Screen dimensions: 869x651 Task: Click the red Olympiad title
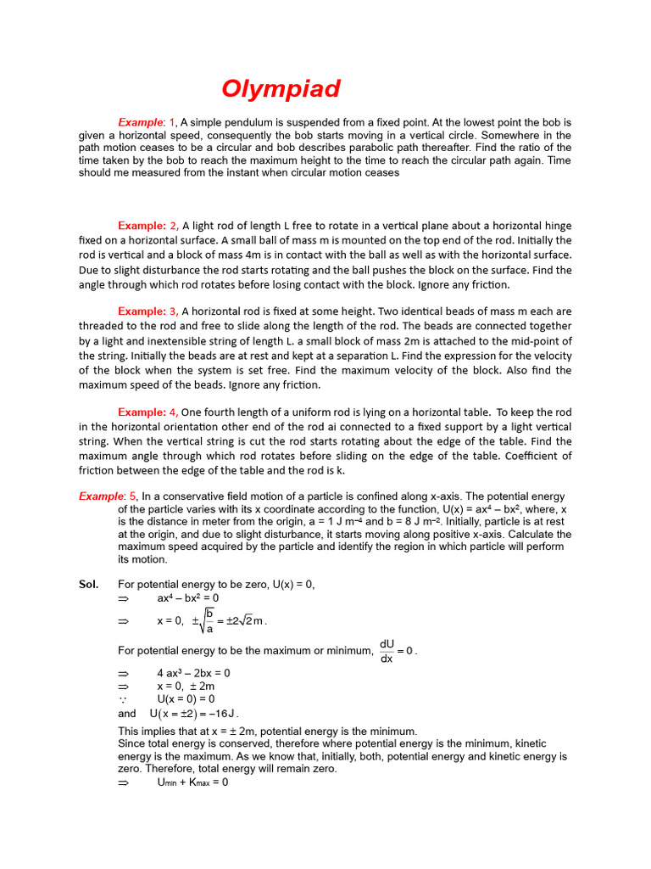[281, 89]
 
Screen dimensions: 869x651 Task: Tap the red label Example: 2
[147, 226]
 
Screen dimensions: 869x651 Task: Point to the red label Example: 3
[147, 312]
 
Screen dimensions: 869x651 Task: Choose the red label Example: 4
[147, 412]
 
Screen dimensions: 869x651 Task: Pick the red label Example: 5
[108, 496]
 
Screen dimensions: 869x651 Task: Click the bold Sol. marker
[88, 585]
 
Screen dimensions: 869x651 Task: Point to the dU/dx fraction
[387, 652]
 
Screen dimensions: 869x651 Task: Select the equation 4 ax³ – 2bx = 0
[193, 673]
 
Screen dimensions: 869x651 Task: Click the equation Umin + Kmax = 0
[192, 782]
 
